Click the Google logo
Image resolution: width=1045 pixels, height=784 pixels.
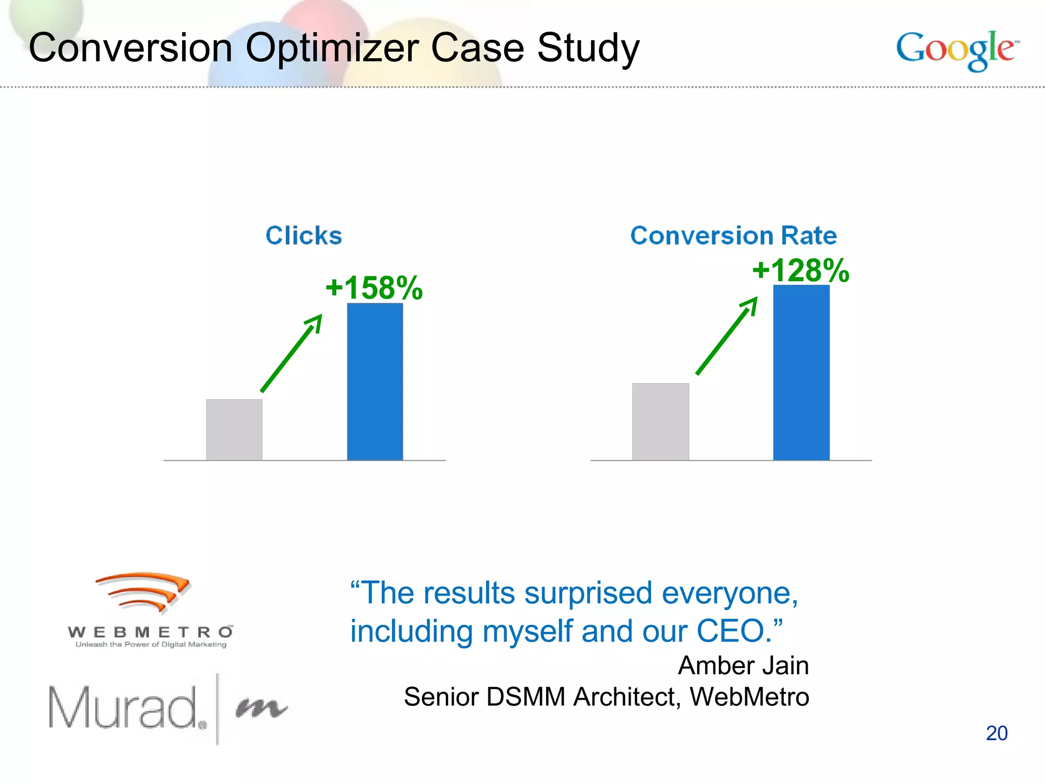(957, 50)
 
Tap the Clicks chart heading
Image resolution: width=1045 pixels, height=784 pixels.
(304, 236)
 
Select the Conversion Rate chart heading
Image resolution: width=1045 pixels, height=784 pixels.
(733, 236)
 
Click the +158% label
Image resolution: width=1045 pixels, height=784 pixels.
(374, 288)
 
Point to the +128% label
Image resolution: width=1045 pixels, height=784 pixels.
(801, 270)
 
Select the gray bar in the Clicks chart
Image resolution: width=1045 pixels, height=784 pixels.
(234, 430)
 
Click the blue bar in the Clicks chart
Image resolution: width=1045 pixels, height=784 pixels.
(375, 382)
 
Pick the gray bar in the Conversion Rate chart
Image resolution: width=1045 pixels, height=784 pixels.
(660, 422)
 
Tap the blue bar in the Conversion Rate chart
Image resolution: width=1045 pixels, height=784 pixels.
(801, 373)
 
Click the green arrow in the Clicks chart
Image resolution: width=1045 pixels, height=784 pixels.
(291, 353)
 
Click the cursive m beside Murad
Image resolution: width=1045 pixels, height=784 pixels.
(261, 708)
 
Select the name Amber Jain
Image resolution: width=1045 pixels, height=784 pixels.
(743, 666)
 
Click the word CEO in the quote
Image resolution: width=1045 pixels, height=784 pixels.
(731, 631)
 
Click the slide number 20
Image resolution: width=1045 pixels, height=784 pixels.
(997, 733)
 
